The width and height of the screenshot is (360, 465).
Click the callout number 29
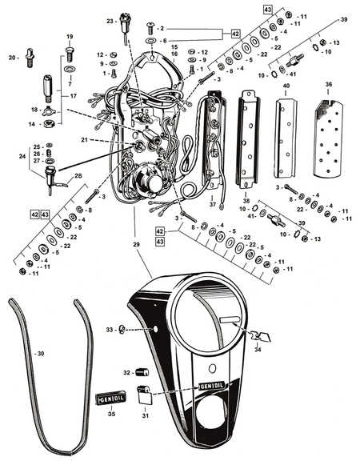(x=135, y=243)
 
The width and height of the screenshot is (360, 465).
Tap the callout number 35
(x=112, y=415)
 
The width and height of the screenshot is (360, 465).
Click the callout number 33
(x=110, y=329)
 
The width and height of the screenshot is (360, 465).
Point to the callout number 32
(x=126, y=372)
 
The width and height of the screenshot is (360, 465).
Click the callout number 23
(x=110, y=21)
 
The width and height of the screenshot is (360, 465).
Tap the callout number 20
(x=12, y=57)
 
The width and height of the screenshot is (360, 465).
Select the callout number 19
(x=69, y=37)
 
